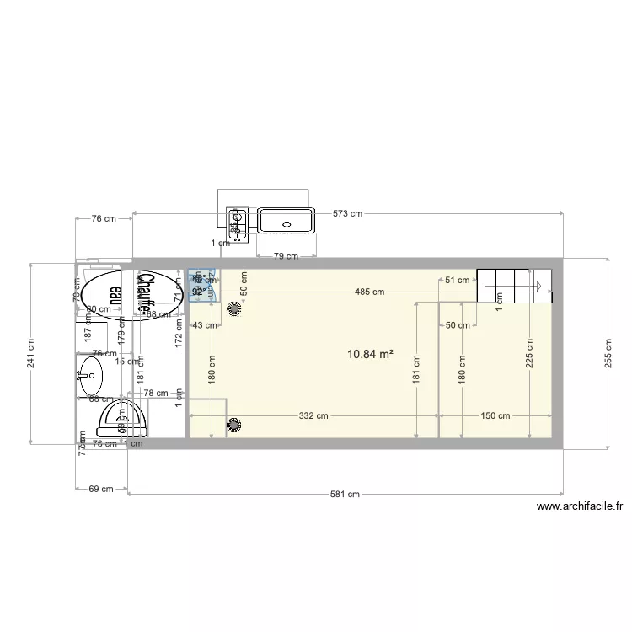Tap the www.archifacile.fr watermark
579,507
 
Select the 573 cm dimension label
347,213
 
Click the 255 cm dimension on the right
608,353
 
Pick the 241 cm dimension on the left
31,353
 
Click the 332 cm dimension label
313,415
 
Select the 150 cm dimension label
495,415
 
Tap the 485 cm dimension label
369,292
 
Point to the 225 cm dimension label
529,353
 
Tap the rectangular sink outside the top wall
287,222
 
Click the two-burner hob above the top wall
238,222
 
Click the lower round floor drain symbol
233,425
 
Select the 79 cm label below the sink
287,256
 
